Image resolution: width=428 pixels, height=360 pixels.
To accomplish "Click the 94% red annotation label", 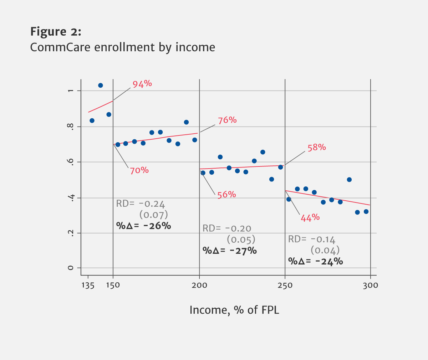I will tap(142, 84).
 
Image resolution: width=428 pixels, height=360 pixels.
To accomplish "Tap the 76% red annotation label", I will tap(227, 120).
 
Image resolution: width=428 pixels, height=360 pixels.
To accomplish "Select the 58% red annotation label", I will tap(317, 148).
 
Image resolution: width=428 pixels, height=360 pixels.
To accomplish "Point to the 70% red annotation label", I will tap(139, 170).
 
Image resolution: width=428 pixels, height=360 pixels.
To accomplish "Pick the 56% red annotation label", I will tap(226, 195).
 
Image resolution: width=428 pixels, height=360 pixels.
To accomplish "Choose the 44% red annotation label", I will tap(310, 218).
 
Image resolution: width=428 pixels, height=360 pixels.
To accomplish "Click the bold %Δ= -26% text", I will tap(143, 226).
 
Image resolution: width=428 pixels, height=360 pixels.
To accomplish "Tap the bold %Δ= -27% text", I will tap(229, 251).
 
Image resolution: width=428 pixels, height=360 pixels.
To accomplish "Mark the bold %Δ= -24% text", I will tap(315, 261).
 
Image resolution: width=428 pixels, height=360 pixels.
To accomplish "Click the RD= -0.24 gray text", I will tap(141, 204).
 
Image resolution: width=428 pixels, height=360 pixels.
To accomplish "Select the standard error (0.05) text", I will tap(241, 239).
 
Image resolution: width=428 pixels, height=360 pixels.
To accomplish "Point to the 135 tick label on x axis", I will tap(88, 286).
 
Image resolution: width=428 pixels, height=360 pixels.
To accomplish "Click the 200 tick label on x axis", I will tap(199, 286).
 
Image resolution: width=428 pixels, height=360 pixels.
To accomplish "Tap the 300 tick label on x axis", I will tap(371, 286).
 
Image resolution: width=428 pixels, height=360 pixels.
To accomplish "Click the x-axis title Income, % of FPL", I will tap(234, 310).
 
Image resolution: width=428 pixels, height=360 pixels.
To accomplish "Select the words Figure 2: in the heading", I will tap(56, 32).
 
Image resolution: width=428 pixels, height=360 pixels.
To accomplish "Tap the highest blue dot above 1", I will tap(101, 86).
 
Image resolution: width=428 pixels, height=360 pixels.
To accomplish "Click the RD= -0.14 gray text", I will tap(312, 239).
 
